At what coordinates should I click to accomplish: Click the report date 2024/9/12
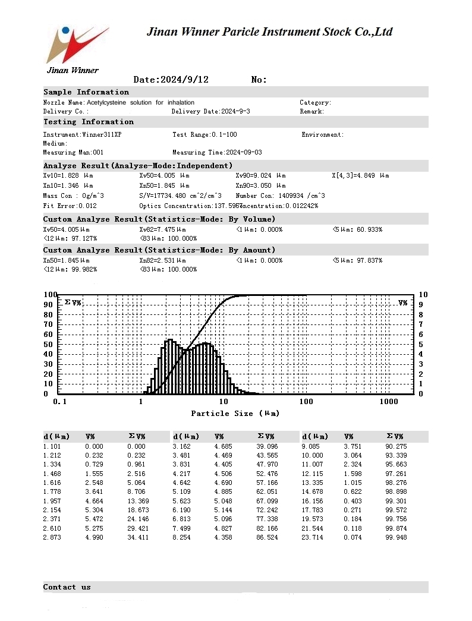pyautogui.click(x=171, y=80)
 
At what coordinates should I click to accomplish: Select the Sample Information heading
pyautogui.click(x=86, y=92)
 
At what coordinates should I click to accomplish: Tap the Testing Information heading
pyautogui.click(x=89, y=122)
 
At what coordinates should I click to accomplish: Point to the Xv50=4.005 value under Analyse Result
pyautogui.click(x=164, y=176)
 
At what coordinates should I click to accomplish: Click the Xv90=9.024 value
pyautogui.click(x=260, y=176)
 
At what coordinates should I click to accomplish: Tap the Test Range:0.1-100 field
pyautogui.click(x=204, y=135)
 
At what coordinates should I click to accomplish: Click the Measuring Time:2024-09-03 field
pyautogui.click(x=217, y=153)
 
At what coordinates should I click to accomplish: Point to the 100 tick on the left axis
pyautogui.click(x=50, y=295)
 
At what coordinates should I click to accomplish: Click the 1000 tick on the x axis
pyautogui.click(x=389, y=402)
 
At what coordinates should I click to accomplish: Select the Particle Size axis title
pyautogui.click(x=235, y=414)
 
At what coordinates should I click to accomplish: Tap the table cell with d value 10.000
pyautogui.click(x=312, y=455)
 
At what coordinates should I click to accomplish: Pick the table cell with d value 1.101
pyautogui.click(x=52, y=446)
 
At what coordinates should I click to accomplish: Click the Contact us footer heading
pyautogui.click(x=67, y=587)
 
